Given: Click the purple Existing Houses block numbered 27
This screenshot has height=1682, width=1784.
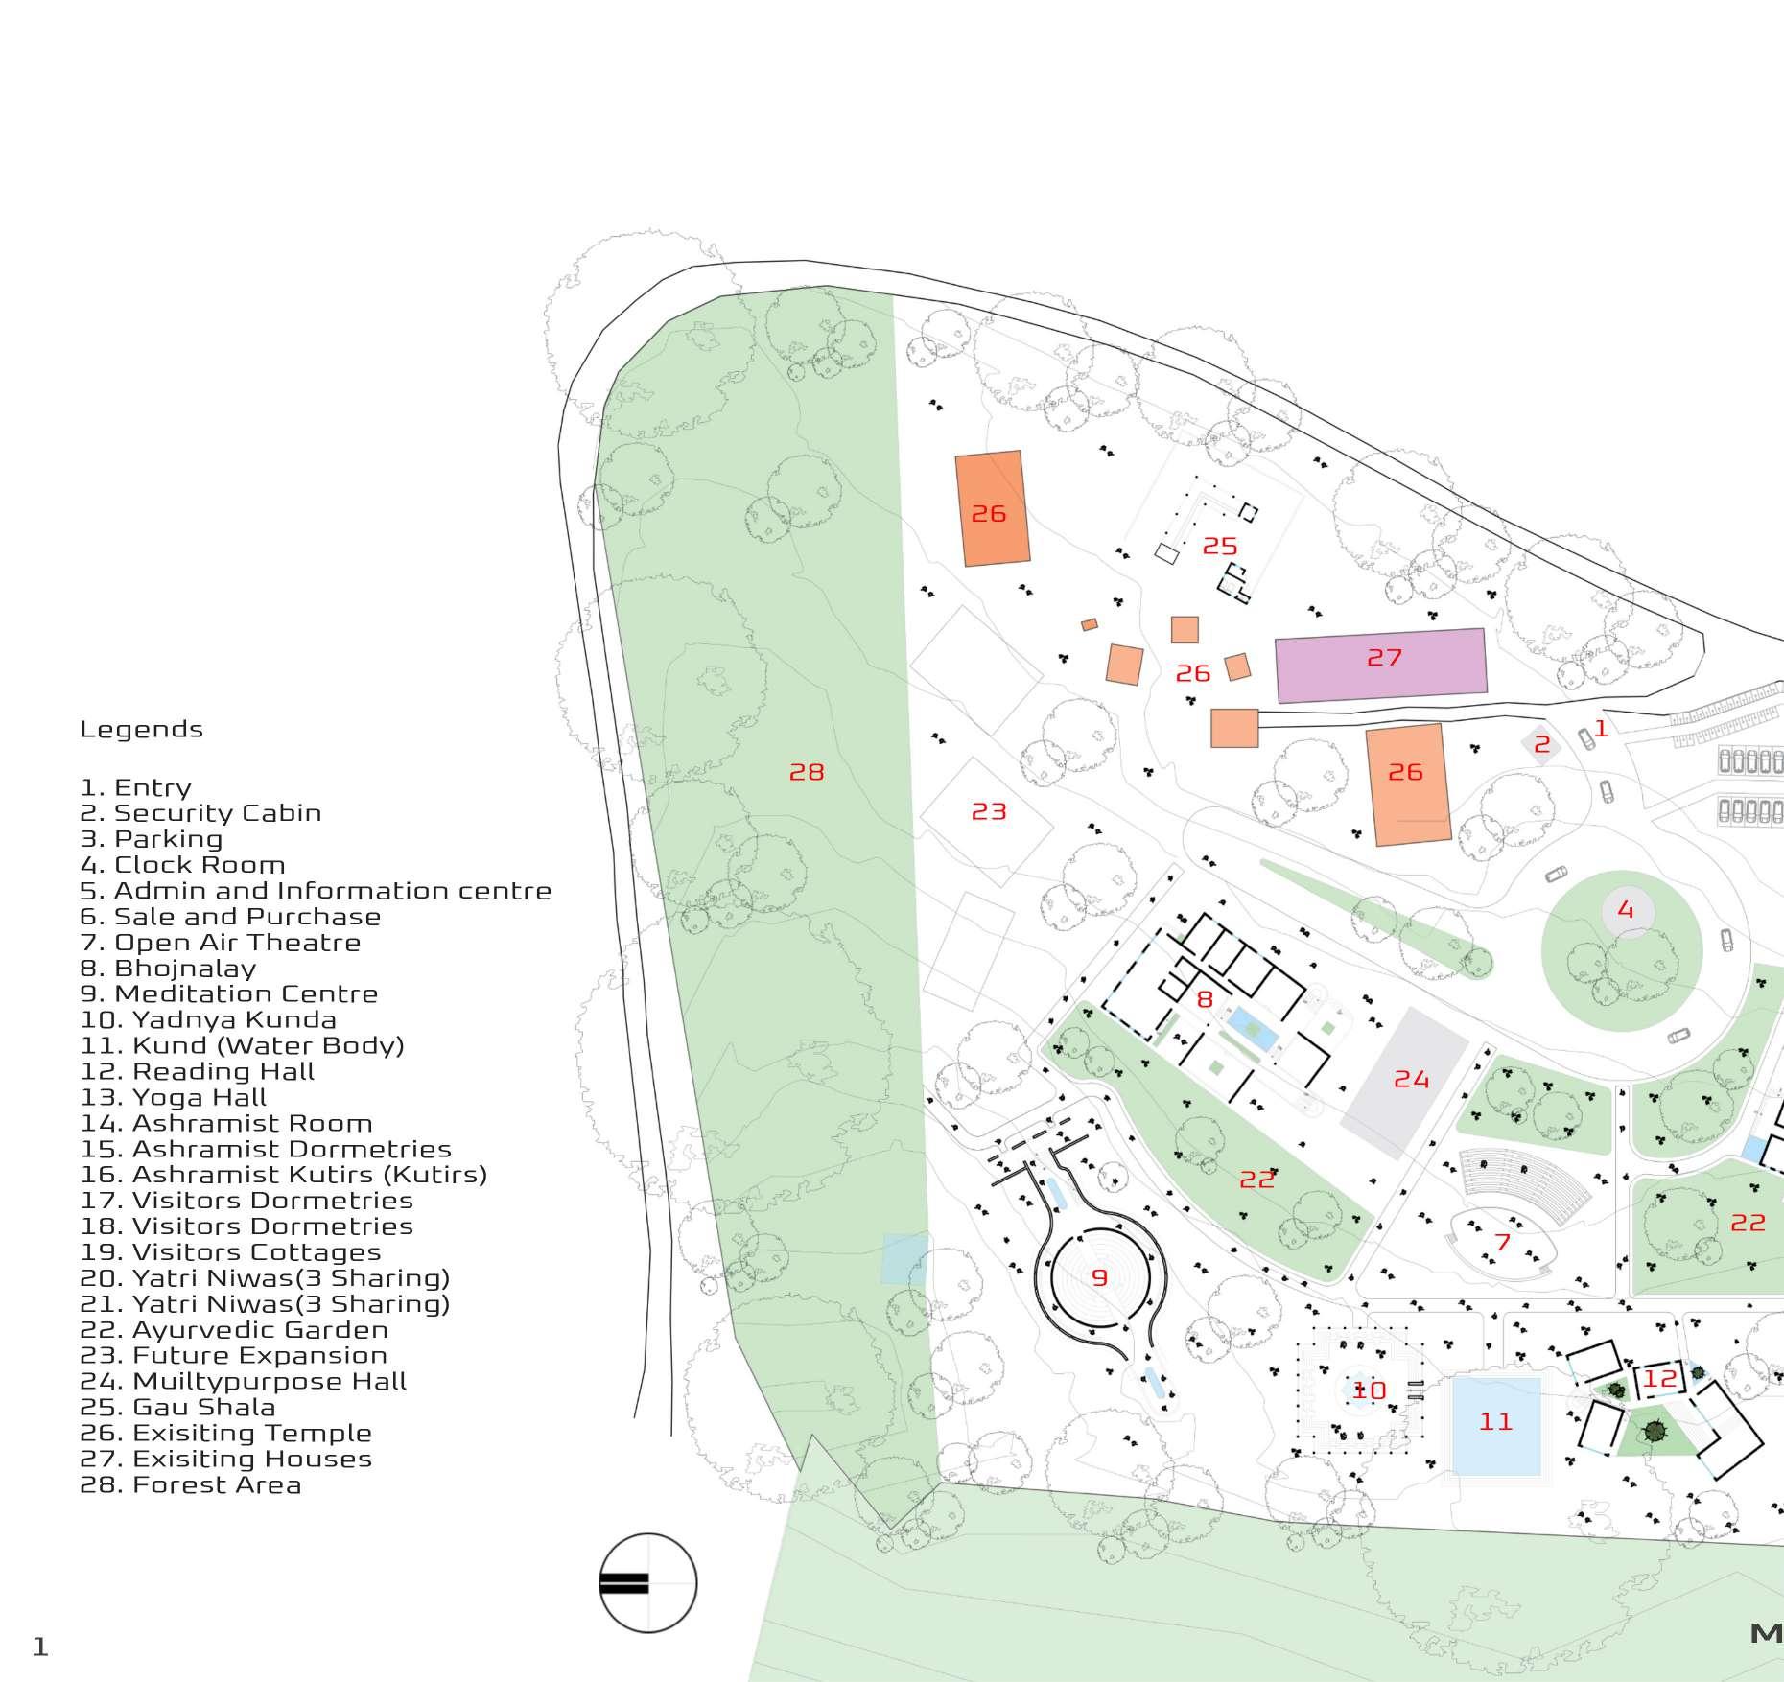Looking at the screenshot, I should (x=1381, y=665).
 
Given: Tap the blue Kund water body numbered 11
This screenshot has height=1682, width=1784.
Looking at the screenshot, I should (x=1496, y=1424).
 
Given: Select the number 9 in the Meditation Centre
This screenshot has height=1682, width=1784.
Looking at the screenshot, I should (x=1099, y=1277).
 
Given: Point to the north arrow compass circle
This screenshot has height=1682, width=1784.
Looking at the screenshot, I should (x=647, y=1582).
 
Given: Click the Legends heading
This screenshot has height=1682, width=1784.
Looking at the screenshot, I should (x=141, y=729).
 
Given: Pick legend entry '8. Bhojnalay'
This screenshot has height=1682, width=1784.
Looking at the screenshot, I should (x=168, y=968).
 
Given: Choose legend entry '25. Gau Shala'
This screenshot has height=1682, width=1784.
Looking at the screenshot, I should (x=177, y=1407).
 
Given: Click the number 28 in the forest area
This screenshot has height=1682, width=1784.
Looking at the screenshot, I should (x=807, y=772).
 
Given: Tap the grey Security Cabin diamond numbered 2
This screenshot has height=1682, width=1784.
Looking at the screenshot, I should (x=1541, y=744).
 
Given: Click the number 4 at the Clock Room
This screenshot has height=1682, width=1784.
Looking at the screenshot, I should (x=1625, y=909).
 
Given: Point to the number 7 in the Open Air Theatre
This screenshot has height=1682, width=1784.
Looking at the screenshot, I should (x=1502, y=1243).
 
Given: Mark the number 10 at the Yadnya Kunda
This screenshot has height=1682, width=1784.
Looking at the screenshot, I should (x=1369, y=1390).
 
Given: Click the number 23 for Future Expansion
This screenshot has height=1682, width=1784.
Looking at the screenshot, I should (x=989, y=812).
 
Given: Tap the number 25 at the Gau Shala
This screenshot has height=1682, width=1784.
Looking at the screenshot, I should (x=1220, y=546).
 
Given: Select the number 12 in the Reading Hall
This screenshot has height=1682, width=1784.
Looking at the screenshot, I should (x=1660, y=1379).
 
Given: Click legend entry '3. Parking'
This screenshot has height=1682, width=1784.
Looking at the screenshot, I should (x=151, y=838).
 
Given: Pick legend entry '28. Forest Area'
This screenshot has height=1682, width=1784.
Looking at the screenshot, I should (x=190, y=1484).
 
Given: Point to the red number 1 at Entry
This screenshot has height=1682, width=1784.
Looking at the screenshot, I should (x=1600, y=729).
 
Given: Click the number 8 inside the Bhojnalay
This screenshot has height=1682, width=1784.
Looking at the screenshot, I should (x=1205, y=999).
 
